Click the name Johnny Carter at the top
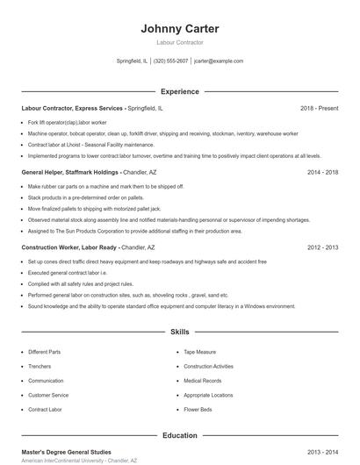click(x=179, y=29)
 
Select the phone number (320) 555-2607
click(x=170, y=61)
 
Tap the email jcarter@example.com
click(x=219, y=61)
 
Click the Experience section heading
click(x=179, y=91)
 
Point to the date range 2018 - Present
click(x=319, y=108)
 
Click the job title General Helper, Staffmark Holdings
click(x=70, y=173)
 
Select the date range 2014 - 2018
click(x=322, y=173)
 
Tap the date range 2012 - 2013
click(x=322, y=248)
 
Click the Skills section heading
click(x=179, y=333)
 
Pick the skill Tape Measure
click(x=199, y=352)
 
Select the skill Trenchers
click(x=40, y=366)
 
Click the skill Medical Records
click(x=203, y=381)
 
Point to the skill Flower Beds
click(x=198, y=409)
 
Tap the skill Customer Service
click(x=47, y=395)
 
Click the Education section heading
click(x=179, y=435)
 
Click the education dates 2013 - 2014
click(x=322, y=452)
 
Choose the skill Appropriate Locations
click(x=208, y=395)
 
